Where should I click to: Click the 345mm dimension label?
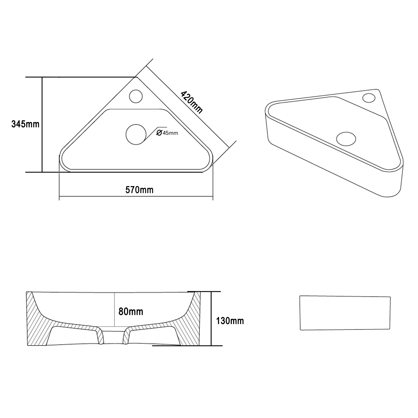click(x=25, y=124)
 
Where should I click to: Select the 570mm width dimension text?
click(x=139, y=190)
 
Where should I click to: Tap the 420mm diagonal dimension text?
click(x=191, y=102)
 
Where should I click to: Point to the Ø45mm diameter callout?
click(x=167, y=133)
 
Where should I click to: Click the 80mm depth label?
click(x=131, y=311)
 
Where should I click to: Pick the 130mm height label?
click(x=230, y=321)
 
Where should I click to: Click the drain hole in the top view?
click(x=136, y=134)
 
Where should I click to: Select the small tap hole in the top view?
click(x=136, y=96)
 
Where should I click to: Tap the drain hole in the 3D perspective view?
click(x=346, y=138)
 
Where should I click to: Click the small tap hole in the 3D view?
click(x=369, y=98)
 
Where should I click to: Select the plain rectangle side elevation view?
click(x=345, y=313)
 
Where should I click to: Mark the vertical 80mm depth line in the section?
click(x=115, y=309)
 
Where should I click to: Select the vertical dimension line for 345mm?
click(x=42, y=124)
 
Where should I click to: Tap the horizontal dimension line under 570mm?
click(x=136, y=197)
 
